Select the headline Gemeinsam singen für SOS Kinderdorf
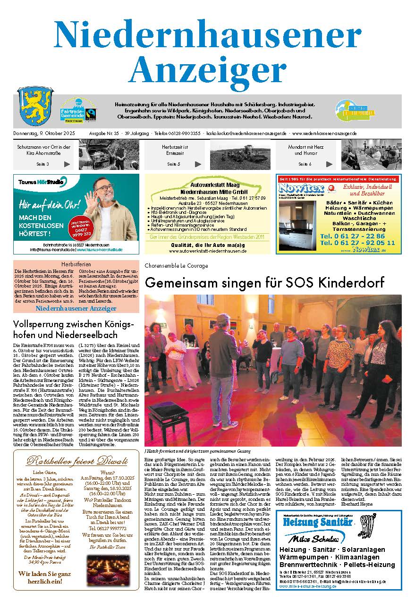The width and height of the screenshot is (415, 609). coord(264,282)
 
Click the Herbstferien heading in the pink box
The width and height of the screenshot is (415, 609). coord(76,264)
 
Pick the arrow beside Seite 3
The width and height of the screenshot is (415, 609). coord(67,164)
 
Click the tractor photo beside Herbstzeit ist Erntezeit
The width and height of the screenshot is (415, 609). coord(241,154)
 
